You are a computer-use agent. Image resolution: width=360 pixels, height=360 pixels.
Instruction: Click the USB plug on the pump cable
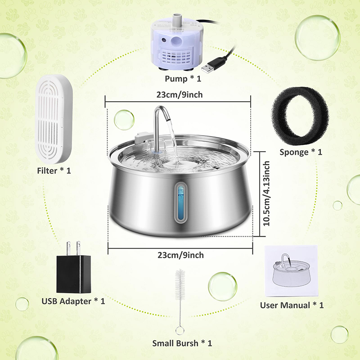(x=208, y=67)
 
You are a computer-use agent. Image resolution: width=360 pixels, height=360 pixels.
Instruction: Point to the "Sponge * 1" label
(x=301, y=152)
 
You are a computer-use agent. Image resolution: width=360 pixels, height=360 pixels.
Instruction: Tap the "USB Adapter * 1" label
(x=73, y=301)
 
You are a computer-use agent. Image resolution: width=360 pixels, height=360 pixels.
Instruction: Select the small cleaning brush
(x=180, y=297)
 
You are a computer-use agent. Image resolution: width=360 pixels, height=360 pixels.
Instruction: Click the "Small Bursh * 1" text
(x=182, y=343)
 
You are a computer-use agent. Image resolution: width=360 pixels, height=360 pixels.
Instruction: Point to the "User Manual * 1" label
(x=292, y=305)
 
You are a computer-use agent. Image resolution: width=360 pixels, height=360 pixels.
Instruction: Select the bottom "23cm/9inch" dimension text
(x=181, y=255)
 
